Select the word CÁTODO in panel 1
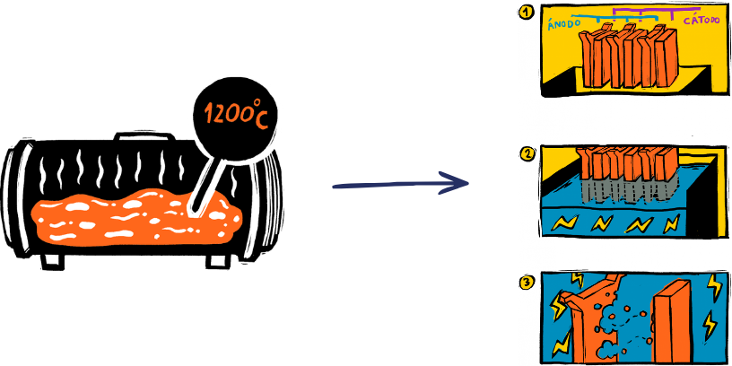click(x=703, y=20)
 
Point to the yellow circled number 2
click(x=527, y=153)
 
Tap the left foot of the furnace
click(x=51, y=259)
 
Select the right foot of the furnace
click(x=218, y=260)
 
